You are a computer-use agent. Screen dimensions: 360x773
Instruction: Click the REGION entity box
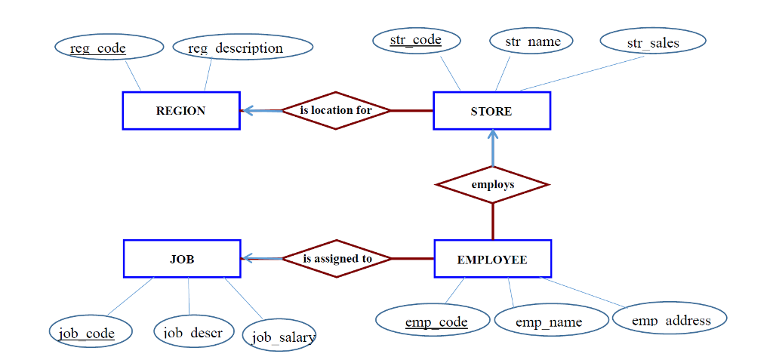coord(181,111)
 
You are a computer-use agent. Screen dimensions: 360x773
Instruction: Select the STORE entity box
coord(491,111)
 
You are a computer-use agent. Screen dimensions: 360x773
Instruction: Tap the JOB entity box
coord(182,259)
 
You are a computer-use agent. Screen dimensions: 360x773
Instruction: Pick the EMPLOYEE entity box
coord(492,260)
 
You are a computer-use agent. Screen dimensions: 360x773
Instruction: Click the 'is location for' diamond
coord(336,111)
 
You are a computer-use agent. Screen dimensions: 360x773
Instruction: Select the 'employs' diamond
coord(492,185)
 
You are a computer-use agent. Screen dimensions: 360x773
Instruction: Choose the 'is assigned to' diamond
coord(337,259)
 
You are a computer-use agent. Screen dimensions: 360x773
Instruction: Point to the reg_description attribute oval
coord(242,48)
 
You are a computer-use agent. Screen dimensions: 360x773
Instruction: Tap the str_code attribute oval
coord(416,40)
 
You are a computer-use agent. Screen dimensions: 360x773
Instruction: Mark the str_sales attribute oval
coord(653,42)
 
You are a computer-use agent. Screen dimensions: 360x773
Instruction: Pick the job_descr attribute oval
coord(193,331)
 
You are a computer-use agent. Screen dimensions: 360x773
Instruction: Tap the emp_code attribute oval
coord(433,321)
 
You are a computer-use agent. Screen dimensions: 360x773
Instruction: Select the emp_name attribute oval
coord(550,322)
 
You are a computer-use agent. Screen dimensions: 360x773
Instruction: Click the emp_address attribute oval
coord(670,319)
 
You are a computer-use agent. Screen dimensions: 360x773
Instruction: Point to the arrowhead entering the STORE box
coord(492,135)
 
